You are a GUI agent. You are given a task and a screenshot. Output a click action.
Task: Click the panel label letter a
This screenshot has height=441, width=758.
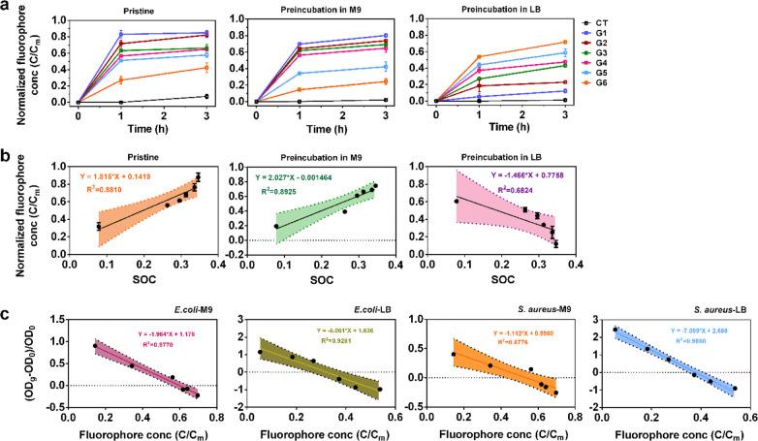point(8,8)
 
